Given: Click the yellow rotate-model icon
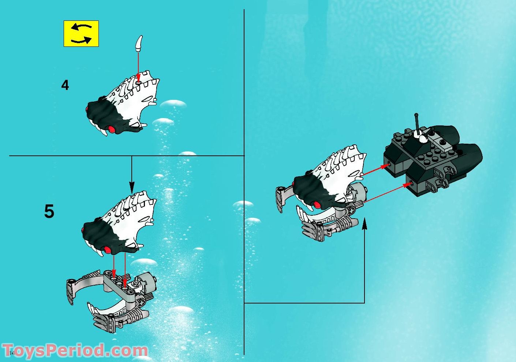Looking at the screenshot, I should coord(81,34).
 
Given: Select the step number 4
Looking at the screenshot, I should coord(65,85).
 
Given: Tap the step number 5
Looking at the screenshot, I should coord(49,211).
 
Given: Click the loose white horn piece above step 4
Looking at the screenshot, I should coord(139,43).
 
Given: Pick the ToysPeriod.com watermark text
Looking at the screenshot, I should coord(75,350).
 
